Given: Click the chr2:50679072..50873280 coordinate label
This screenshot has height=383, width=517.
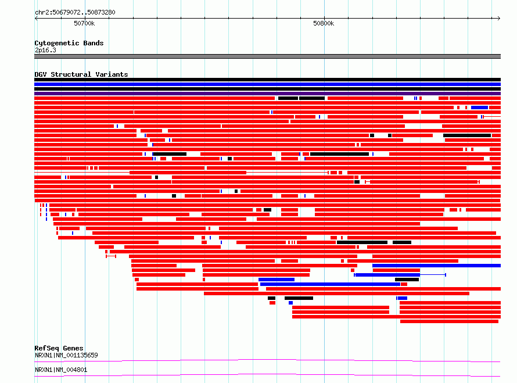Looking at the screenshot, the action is point(75,12).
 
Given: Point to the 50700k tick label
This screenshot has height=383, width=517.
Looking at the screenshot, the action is point(84,23).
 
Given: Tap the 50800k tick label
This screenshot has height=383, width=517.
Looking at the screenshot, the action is point(324,23).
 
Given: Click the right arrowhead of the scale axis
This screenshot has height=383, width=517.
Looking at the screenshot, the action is point(499,18).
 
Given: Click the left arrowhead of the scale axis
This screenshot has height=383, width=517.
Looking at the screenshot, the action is point(36,18).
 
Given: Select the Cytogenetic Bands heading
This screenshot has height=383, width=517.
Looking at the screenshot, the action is point(69,43).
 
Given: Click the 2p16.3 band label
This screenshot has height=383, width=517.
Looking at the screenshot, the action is point(45,50).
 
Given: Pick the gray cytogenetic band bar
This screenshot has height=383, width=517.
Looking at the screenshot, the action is point(267,56).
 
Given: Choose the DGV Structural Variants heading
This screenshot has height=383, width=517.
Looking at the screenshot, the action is point(81,74).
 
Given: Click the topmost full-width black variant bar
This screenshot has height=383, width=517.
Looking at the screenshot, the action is point(267,80).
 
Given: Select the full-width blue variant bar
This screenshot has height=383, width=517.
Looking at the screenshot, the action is point(267,84).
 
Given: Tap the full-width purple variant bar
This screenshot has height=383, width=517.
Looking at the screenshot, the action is point(267,94).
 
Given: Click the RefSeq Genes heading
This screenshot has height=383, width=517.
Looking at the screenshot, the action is point(59,348).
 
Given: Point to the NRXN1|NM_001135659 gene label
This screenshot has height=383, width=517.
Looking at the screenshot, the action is point(66,355).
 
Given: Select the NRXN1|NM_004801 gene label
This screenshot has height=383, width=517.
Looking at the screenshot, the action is point(61,370).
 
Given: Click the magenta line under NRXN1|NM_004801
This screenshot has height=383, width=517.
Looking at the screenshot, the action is point(267,375).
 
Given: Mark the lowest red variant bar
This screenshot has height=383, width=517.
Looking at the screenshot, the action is point(449,321).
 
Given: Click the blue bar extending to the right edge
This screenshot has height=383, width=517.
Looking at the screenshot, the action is point(437,266).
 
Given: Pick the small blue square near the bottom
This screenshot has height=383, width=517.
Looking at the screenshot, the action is point(290,303).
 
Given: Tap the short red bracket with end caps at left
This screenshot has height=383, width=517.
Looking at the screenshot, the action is point(111,256).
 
